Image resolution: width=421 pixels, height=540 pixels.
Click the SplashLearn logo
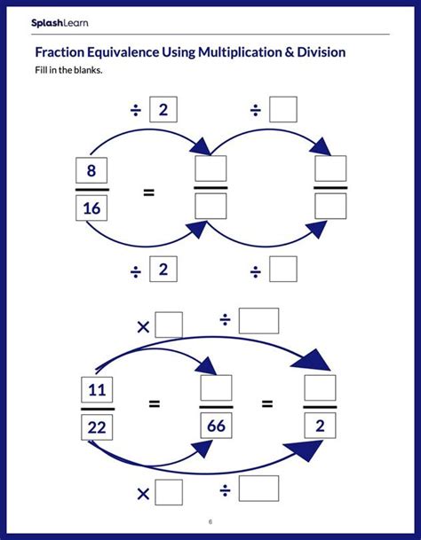coord(59,22)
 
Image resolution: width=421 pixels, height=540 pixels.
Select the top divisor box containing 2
coord(163,110)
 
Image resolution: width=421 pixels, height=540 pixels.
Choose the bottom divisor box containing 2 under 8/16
coord(163,269)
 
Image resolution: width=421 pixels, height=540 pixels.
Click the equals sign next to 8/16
coord(148,190)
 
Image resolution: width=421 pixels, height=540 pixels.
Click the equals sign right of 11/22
coord(154,404)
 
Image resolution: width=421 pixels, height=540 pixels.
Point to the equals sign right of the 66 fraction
coord(267,404)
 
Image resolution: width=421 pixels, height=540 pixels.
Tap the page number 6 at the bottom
coord(210,520)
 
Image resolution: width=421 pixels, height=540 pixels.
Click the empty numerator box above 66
coord(216,387)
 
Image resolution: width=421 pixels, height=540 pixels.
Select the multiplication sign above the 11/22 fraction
coord(143,326)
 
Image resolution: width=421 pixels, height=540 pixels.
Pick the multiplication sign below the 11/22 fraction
coord(143,493)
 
